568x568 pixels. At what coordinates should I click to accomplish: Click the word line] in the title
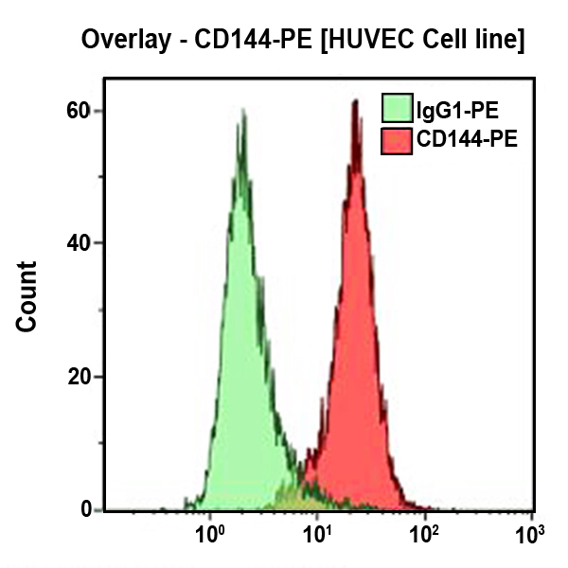(501, 41)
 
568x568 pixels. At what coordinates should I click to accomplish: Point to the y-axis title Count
(27, 296)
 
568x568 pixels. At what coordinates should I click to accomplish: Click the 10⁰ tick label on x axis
(209, 536)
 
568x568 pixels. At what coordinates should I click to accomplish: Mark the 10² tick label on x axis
(424, 536)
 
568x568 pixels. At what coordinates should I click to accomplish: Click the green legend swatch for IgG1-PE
(396, 109)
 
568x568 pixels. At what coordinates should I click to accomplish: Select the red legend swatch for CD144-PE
(396, 141)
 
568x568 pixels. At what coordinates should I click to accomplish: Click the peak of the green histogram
(243, 113)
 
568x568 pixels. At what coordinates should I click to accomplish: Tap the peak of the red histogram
(355, 102)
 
